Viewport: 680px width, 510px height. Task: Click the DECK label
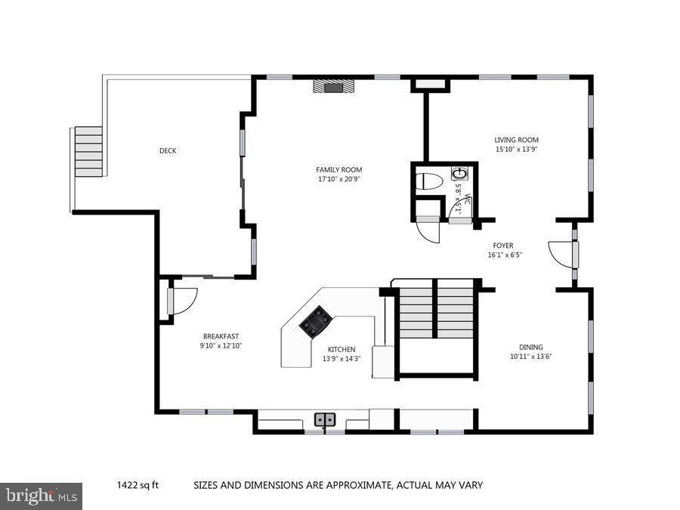[x=168, y=151]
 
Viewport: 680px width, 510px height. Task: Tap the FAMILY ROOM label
[x=338, y=170]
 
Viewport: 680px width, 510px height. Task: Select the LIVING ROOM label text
[x=516, y=140]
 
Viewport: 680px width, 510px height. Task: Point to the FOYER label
[x=503, y=246]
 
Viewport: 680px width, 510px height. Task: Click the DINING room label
[x=530, y=348]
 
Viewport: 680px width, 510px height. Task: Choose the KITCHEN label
[x=342, y=349]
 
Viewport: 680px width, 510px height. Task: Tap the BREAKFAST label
[x=221, y=336]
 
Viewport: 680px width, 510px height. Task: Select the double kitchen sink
[x=325, y=419]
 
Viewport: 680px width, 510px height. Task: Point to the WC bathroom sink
[x=458, y=174]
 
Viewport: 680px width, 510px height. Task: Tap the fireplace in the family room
[x=334, y=86]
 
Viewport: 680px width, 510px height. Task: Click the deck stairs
[x=88, y=151]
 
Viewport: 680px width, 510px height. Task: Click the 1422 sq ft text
[x=138, y=485]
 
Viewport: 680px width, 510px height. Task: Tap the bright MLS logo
[x=42, y=496]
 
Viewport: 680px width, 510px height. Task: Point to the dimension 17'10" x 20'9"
[x=338, y=180]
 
